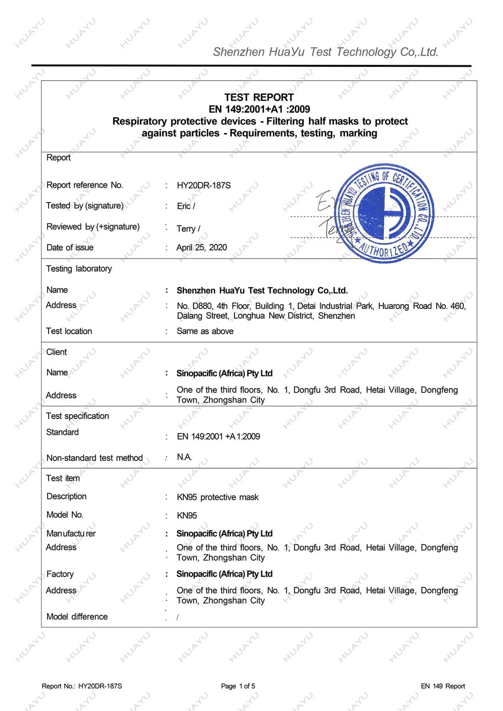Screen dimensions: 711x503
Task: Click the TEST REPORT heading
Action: [x=259, y=98]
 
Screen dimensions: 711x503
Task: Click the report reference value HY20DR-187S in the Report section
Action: [x=204, y=186]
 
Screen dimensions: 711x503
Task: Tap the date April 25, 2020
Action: [x=201, y=248]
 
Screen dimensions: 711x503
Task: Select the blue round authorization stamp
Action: [x=384, y=213]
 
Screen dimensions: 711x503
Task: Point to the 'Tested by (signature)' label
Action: [x=85, y=206]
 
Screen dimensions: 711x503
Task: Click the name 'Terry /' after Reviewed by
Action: [x=188, y=229]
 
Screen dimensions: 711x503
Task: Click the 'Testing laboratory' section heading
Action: [x=79, y=269]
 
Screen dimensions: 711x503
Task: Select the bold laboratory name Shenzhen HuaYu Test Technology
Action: [x=262, y=291]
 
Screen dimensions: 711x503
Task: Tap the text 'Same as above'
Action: [x=205, y=331]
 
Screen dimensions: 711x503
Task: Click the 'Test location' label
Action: [x=69, y=331]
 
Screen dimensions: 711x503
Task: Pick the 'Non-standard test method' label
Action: [x=94, y=458]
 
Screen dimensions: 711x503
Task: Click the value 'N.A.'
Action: [x=184, y=457]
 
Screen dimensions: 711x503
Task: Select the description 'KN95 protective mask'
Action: [x=218, y=497]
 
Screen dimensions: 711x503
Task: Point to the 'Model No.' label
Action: [x=65, y=515]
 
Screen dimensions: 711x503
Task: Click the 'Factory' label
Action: [x=60, y=574]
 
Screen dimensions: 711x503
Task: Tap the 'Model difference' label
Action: [x=77, y=617]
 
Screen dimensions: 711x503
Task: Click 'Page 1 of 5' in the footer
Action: [x=238, y=686]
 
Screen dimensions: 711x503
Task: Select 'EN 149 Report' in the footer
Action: [x=443, y=686]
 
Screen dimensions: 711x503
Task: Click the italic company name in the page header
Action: [x=326, y=52]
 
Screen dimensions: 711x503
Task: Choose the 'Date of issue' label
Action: [x=70, y=248]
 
